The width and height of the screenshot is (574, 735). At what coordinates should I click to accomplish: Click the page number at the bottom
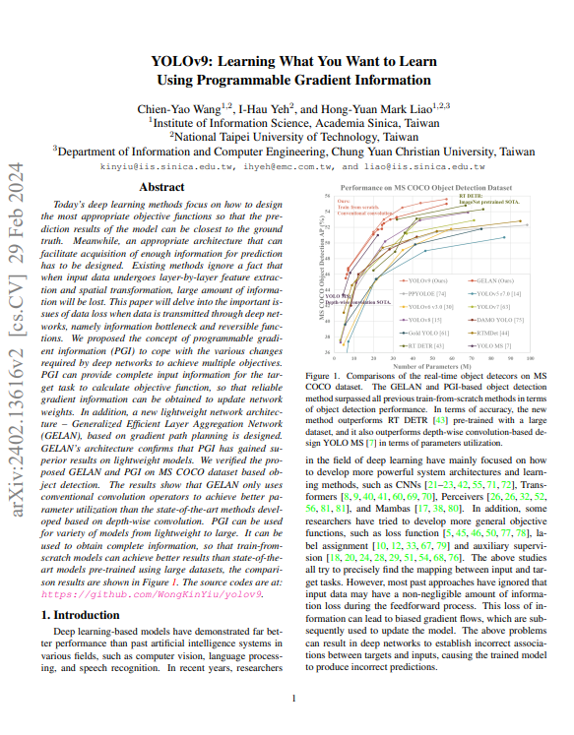coord(293,700)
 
